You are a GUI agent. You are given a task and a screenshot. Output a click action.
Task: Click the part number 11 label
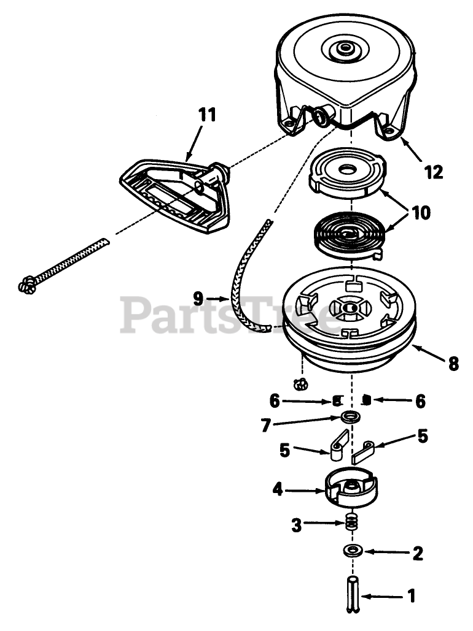point(207,115)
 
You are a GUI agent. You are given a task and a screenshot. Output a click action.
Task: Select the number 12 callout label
point(433,172)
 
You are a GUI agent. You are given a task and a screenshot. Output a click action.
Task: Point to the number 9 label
point(197,299)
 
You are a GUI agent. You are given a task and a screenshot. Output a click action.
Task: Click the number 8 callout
point(453,364)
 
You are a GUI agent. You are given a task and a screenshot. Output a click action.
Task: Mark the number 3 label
point(296,524)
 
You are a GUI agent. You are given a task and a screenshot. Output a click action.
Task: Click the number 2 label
point(418,554)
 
